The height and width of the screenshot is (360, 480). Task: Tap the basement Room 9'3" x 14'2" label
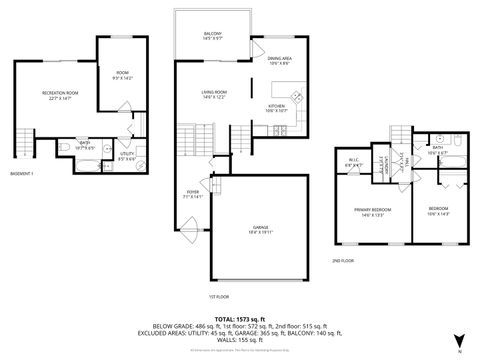[x=123, y=74]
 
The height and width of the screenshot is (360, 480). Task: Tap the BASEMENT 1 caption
[x=20, y=174]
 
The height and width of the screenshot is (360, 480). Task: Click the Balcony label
[x=212, y=36]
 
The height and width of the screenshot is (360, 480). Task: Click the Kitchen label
[x=277, y=106]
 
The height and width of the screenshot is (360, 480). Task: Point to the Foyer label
[x=193, y=194]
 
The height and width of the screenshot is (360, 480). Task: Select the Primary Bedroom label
[x=371, y=210]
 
